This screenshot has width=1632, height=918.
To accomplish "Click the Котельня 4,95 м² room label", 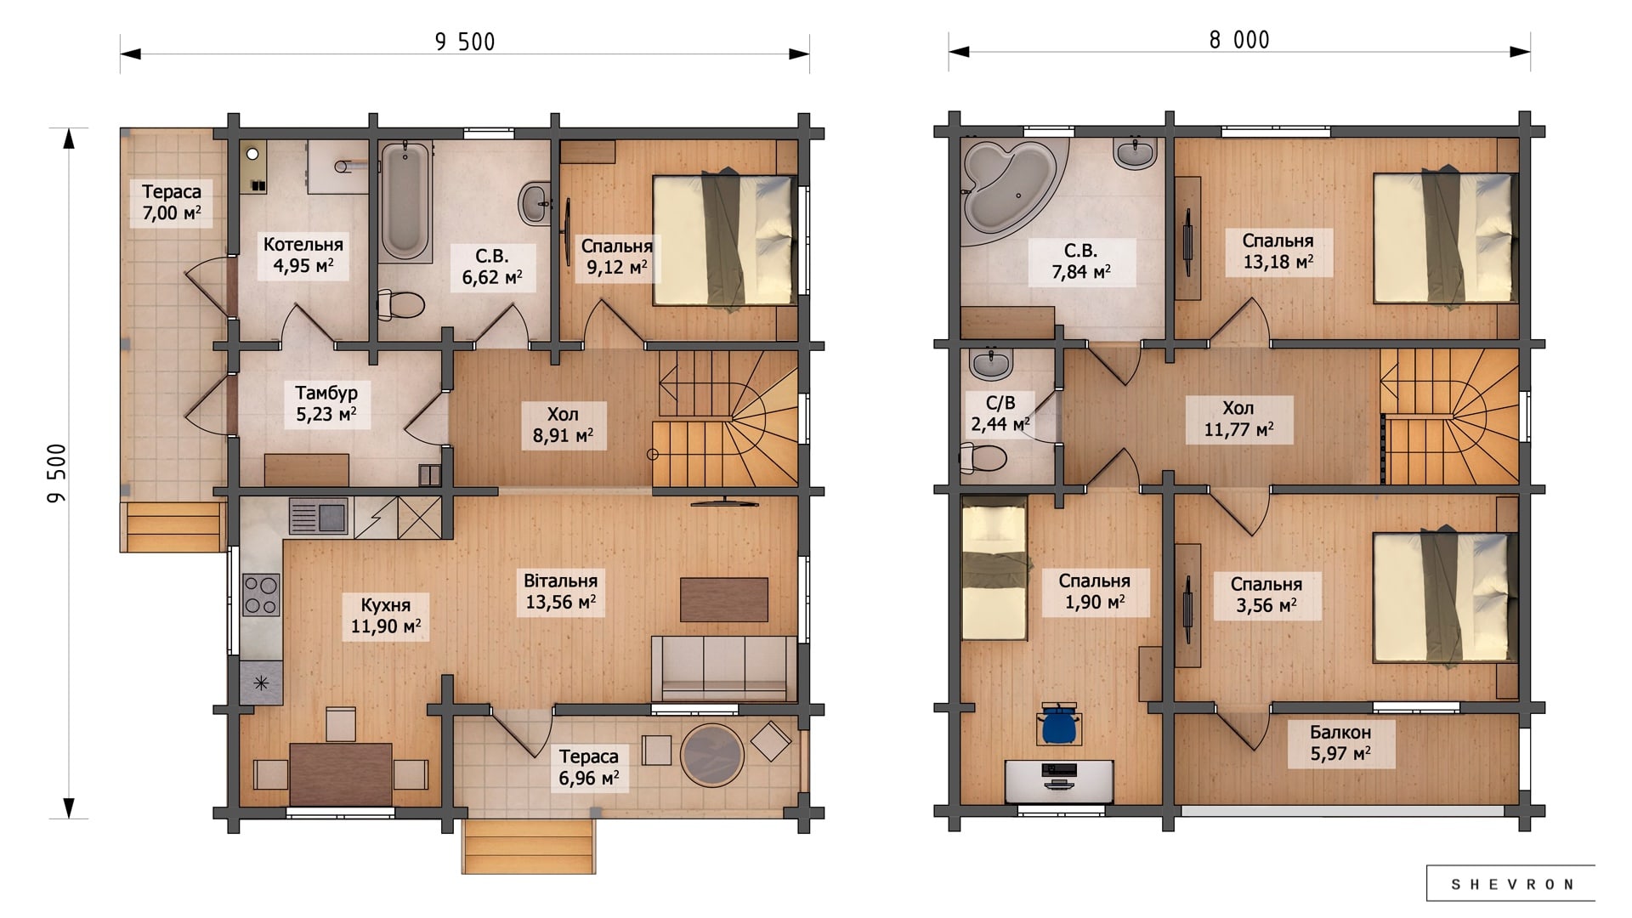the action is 303,255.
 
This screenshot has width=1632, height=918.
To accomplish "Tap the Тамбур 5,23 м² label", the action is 326,404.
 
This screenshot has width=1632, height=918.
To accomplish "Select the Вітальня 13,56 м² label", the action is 560,592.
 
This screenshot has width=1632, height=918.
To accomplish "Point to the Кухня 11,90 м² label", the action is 386,616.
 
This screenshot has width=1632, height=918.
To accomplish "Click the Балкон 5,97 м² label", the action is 1340,743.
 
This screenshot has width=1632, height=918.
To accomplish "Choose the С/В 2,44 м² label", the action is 1000,413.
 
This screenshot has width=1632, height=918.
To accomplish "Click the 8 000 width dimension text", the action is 1239,40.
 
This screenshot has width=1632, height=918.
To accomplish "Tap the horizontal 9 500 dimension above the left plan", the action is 465,42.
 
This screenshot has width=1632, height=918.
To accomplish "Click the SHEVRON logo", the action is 1511,884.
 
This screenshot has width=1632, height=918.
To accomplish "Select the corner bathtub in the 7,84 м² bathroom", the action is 1008,189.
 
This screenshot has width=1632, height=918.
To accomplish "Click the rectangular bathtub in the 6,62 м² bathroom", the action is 405,201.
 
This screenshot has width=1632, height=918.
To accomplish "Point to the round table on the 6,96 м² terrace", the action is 712,754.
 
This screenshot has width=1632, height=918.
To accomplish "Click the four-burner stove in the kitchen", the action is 261,594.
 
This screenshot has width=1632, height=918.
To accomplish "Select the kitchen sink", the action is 318,516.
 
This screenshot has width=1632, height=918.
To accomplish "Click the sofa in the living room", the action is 724,668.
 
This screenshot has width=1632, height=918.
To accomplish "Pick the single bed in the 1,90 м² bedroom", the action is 994,569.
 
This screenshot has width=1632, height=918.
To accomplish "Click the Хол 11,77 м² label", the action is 1238,419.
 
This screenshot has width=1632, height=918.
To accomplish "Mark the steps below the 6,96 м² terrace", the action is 529,847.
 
